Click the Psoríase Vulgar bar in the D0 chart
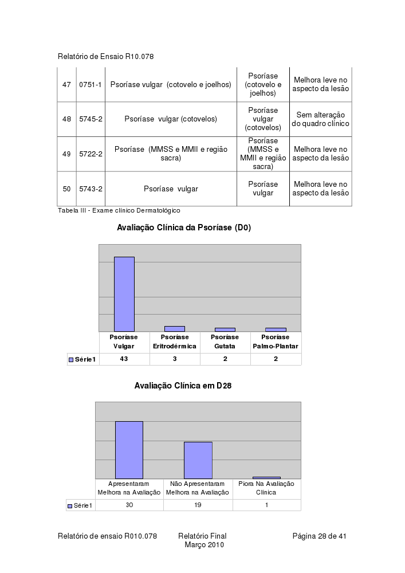[x=124, y=294]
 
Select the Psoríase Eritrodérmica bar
[x=175, y=329]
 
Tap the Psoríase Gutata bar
[x=225, y=329]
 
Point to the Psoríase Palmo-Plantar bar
[x=276, y=329]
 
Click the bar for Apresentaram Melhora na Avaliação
[x=129, y=450]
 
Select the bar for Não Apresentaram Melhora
[x=198, y=460]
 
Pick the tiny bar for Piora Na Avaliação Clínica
[x=266, y=477]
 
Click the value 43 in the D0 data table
[x=124, y=359]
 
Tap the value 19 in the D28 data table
[x=198, y=505]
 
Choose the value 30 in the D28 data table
[x=129, y=505]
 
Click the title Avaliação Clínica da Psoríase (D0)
[x=184, y=228]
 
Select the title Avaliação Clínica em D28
[x=183, y=386]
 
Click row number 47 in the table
[x=66, y=85]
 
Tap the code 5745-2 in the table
[x=91, y=119]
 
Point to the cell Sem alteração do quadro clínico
[x=320, y=119]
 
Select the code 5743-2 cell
[x=91, y=189]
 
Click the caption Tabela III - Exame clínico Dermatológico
[x=119, y=211]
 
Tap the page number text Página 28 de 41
[x=320, y=536]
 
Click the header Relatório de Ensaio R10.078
[x=106, y=57]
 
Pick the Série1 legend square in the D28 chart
[x=70, y=506]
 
